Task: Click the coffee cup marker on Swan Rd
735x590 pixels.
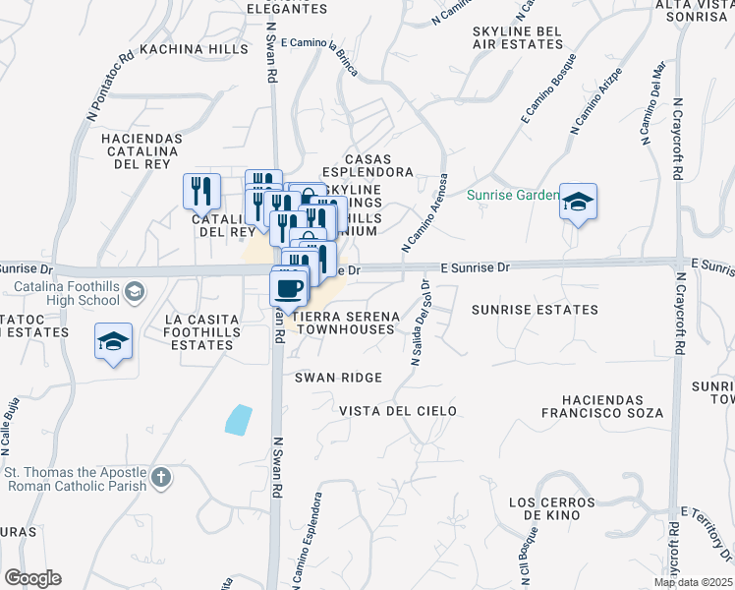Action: point(290,288)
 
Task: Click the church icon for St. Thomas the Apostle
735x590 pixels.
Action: point(162,479)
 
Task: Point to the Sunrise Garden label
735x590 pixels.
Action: point(512,195)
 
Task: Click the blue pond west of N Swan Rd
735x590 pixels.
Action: point(238,420)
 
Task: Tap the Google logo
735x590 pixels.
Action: point(32,578)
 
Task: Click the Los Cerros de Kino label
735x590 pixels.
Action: point(552,507)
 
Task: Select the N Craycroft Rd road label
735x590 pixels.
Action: point(678,139)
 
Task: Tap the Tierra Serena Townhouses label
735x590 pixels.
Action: point(347,322)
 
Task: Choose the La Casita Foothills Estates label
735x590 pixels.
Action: point(201,331)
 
